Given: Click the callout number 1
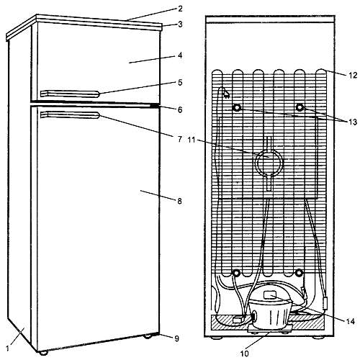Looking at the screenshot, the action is click(7, 348).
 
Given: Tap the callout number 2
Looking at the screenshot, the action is click(180, 9).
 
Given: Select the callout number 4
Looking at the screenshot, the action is click(180, 55).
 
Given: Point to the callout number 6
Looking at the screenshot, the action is click(180, 110).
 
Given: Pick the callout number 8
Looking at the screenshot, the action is click(179, 201).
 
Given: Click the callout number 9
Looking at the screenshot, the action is click(176, 338).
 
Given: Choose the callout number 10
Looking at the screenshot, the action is click(245, 354).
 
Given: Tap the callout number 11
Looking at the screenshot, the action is click(192, 140).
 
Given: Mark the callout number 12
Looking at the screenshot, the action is click(353, 76).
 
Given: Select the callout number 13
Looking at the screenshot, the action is click(353, 122).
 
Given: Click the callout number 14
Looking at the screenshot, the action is click(351, 321).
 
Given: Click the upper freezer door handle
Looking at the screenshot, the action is click(70, 94).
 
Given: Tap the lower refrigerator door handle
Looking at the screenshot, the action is click(70, 115).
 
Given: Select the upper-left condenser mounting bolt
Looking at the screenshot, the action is click(237, 108).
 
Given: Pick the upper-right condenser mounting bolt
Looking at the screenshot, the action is click(300, 107).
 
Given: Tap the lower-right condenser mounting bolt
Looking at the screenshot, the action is click(299, 273).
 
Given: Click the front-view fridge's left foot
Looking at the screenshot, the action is click(43, 352).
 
